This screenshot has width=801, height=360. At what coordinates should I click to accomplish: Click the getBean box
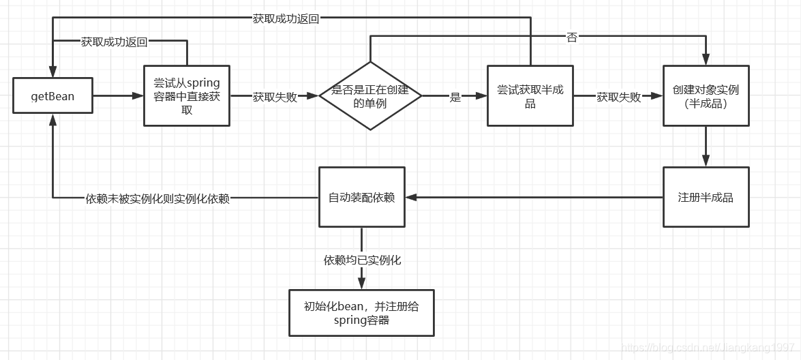pos(52,96)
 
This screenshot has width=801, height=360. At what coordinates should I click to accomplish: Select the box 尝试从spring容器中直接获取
pos(187,96)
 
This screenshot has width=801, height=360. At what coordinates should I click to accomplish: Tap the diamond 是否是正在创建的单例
pos(370,96)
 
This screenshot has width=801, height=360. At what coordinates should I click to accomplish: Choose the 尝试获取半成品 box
pos(530,96)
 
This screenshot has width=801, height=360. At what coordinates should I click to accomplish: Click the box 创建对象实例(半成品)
pos(706,96)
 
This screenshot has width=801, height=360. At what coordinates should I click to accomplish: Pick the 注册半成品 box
pos(706,197)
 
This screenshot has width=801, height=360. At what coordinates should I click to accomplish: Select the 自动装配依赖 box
pos(361,197)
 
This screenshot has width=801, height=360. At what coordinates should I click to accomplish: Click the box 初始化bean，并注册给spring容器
pos(361,313)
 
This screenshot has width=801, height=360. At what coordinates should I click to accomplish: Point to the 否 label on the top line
pos(571,37)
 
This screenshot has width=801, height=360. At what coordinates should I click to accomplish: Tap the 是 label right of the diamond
pos(455,97)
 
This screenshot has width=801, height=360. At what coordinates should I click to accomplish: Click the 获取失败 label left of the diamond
pos(275,97)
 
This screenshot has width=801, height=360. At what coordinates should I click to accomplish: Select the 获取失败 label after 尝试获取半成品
pos(618,97)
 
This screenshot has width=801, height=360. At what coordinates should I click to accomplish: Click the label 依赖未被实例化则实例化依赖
pos(157,199)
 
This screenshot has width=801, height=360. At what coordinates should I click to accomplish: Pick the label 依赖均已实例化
pos(361,260)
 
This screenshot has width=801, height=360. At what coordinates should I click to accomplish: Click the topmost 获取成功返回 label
pos(286,18)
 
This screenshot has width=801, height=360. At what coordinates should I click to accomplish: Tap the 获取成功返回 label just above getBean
pos(114,42)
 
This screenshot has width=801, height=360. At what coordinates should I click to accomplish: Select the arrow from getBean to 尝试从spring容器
pos(117,96)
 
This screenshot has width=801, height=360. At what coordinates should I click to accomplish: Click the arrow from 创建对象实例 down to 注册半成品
pos(706,147)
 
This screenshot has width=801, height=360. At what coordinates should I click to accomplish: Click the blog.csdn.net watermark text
pos(709,348)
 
